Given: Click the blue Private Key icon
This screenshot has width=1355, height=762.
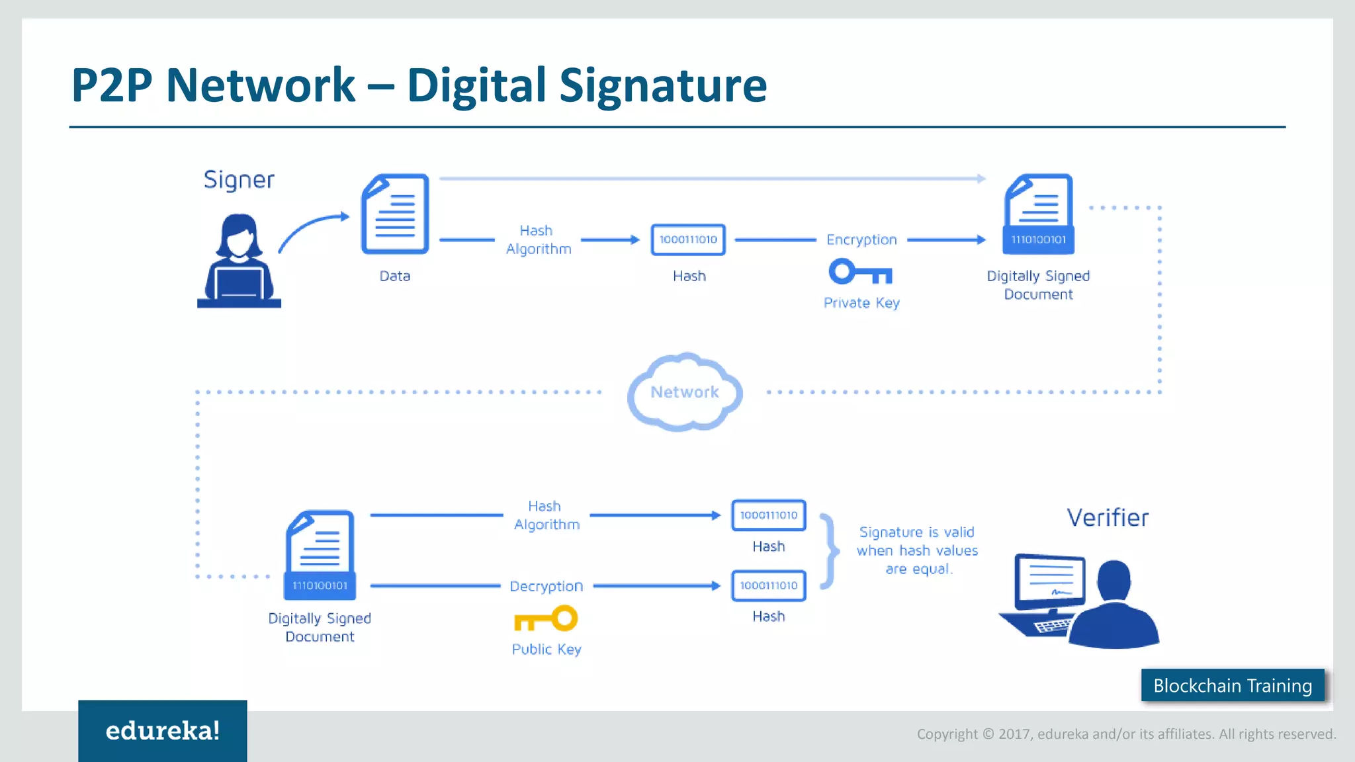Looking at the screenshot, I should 860,272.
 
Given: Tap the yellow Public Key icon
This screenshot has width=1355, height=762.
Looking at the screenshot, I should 546,619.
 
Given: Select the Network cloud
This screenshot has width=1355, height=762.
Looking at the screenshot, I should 685,392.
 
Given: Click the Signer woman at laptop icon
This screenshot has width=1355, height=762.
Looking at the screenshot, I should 239,261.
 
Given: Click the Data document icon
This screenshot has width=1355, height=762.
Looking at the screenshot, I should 395,214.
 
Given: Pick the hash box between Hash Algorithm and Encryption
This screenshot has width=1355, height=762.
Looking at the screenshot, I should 688,239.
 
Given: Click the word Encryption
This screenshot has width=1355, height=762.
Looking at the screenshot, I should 861,239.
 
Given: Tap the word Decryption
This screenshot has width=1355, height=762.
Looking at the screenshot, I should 546,586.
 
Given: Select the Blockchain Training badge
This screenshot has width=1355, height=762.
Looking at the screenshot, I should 1233,685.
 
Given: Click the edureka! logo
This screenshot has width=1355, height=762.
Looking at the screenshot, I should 163,730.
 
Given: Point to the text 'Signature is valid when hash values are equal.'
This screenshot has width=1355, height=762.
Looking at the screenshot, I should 917,550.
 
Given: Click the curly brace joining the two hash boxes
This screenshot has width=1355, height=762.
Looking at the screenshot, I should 828,550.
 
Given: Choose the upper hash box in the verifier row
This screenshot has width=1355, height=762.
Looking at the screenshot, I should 768,515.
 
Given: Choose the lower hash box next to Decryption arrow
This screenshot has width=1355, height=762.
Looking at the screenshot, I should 768,585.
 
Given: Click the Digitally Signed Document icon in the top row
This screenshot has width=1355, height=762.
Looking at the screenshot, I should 1038,214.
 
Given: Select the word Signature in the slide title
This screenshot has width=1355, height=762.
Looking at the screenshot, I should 663,85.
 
